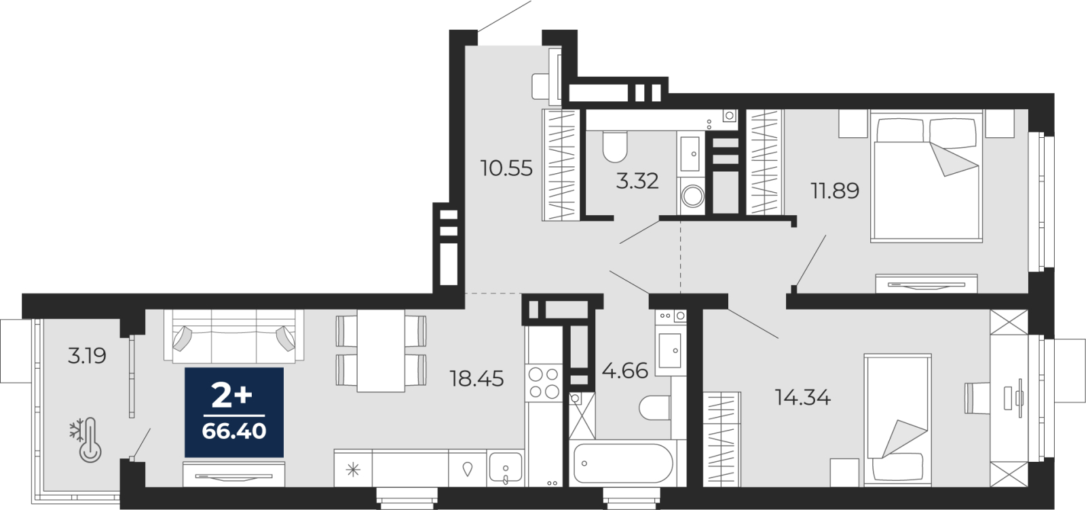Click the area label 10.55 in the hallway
coord(506,168)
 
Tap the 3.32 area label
coord(637,181)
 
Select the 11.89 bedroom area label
coord(835,191)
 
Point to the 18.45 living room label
coord(476,378)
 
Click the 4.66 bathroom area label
coord(624,371)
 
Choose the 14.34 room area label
coord(802,398)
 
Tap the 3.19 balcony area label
coord(87,356)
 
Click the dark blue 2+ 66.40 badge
coord(234,412)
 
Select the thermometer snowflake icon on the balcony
coord(86,439)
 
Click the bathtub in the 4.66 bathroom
coord(623,463)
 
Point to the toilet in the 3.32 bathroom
coord(615,146)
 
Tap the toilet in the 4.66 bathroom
coord(654,408)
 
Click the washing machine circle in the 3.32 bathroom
coord(692,196)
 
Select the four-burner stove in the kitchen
coord(544,382)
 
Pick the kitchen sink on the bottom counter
coord(506,469)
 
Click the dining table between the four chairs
coord(381,351)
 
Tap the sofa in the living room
coord(233,336)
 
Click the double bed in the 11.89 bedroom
coord(926,176)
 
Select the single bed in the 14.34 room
coord(897,420)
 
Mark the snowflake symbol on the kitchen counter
coord(353,469)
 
